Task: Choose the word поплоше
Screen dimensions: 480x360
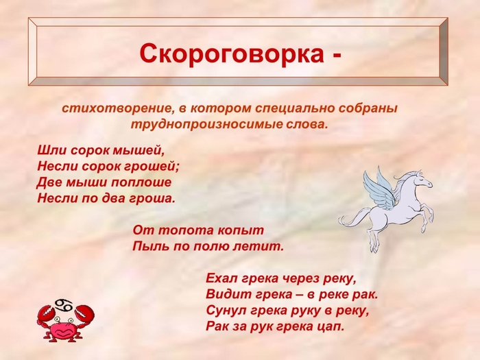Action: point(141,182)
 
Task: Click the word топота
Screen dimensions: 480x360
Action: point(182,230)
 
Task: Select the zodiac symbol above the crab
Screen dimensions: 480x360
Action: point(63,304)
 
